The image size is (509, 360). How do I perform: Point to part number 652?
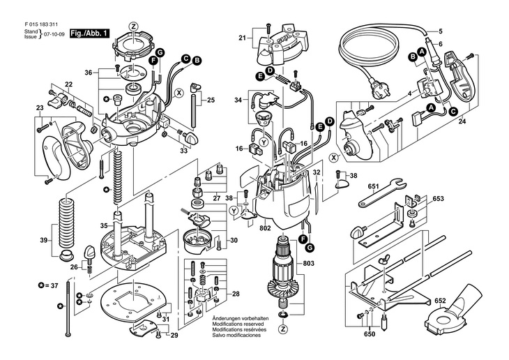(x=459, y=301)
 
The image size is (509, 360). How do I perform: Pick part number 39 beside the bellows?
(x=44, y=241)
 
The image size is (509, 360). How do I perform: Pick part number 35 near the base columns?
(x=104, y=226)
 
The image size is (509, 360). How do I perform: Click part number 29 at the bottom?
(x=174, y=336)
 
